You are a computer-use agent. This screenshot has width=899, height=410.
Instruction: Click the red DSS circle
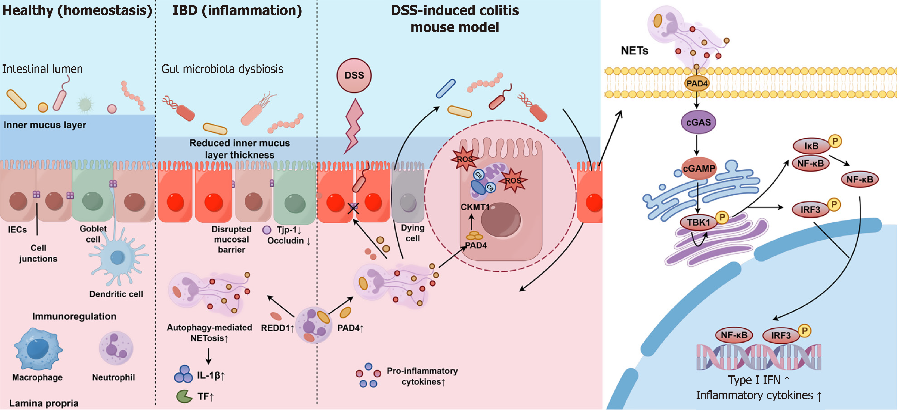tap(354, 75)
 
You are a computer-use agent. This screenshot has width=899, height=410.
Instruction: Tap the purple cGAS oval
tap(698, 122)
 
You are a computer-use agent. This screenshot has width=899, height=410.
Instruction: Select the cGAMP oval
tap(699, 169)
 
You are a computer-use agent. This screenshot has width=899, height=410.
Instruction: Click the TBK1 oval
tap(698, 223)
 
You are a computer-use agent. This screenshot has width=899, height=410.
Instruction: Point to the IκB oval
tap(811, 146)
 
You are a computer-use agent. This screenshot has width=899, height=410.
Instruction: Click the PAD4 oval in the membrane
tap(697, 84)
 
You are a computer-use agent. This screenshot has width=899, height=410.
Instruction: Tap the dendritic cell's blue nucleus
tap(117, 257)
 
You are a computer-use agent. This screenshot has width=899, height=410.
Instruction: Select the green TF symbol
tap(184, 396)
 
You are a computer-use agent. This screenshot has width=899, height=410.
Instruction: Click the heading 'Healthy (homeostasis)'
tap(77, 11)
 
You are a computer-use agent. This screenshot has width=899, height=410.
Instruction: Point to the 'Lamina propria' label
tap(44, 403)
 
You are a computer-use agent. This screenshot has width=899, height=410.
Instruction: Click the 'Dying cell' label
tap(413, 233)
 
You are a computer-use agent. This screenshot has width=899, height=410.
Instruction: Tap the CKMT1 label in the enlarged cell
tap(475, 207)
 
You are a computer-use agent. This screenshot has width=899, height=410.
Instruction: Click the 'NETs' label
tap(634, 51)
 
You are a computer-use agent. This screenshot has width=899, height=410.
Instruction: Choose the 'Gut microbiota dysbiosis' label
tap(222, 69)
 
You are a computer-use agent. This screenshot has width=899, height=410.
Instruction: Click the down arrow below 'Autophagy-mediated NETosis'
tap(208, 356)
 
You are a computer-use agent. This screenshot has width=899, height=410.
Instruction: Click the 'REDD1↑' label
tap(277, 328)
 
